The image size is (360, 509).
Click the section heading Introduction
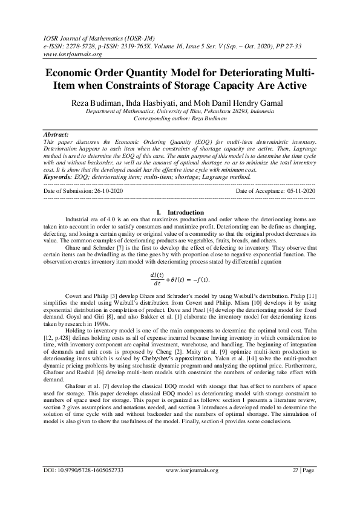coord(186,212)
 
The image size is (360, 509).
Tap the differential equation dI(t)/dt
coord(180,279)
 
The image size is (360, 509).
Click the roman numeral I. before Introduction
coord(159,212)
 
